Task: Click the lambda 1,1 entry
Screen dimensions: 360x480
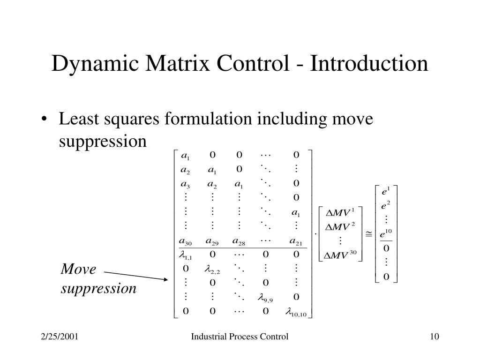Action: click(186, 255)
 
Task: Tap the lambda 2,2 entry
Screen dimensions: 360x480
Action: click(212, 269)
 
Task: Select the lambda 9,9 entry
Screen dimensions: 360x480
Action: click(265, 297)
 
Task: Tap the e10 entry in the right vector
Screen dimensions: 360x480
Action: click(386, 233)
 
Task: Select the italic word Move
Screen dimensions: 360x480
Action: click(78, 270)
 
